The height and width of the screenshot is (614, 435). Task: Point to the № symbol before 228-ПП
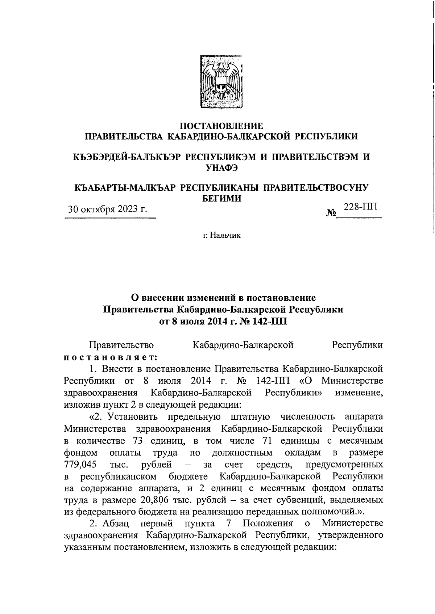click(x=331, y=213)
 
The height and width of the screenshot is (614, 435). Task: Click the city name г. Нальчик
click(x=221, y=236)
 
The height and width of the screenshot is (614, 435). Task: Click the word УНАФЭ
click(x=221, y=167)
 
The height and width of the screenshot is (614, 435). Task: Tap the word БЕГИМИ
click(x=221, y=198)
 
